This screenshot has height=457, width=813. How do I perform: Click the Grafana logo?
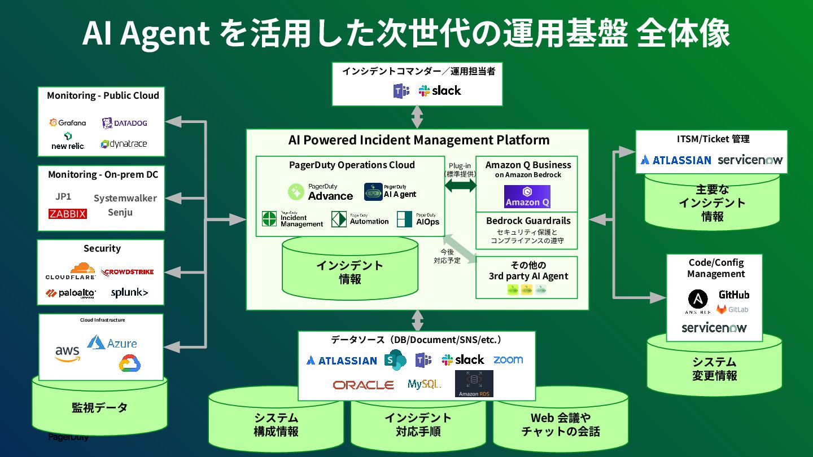(68, 122)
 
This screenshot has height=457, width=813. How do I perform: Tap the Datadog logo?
(124, 123)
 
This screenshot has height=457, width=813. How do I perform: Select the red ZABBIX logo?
(68, 214)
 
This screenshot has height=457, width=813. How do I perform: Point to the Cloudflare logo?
(71, 271)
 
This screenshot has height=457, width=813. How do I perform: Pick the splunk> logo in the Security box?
(129, 292)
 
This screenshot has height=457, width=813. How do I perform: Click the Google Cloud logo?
(130, 363)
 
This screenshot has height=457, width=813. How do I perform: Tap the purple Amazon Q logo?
(527, 196)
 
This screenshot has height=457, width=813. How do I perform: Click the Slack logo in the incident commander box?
(440, 91)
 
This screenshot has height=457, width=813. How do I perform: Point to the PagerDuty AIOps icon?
(404, 219)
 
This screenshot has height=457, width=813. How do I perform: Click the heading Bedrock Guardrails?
(528, 221)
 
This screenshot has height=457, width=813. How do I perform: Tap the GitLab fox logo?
(722, 309)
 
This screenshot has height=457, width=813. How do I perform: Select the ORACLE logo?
(363, 385)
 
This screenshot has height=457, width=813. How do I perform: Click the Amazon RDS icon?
(474, 384)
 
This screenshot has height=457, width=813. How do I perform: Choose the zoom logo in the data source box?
(508, 359)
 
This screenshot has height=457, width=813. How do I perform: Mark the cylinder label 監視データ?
(99, 407)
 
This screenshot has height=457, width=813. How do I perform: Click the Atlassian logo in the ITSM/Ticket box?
(676, 160)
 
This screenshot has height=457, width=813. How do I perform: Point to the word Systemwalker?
(125, 198)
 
